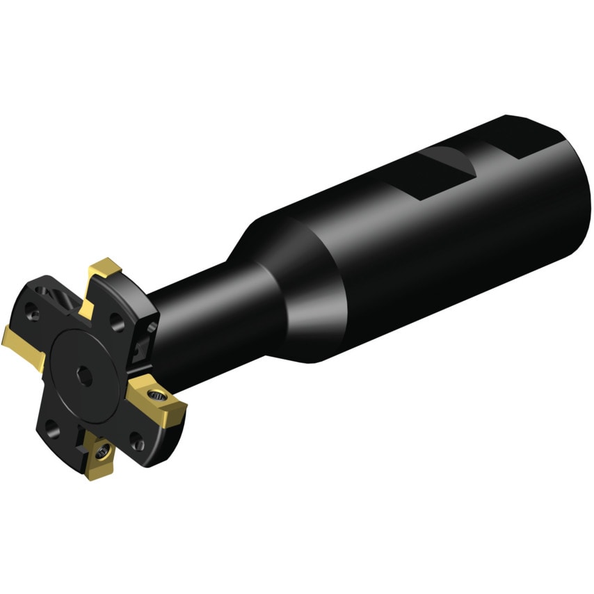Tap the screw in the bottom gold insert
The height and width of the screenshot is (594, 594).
point(102,452)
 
